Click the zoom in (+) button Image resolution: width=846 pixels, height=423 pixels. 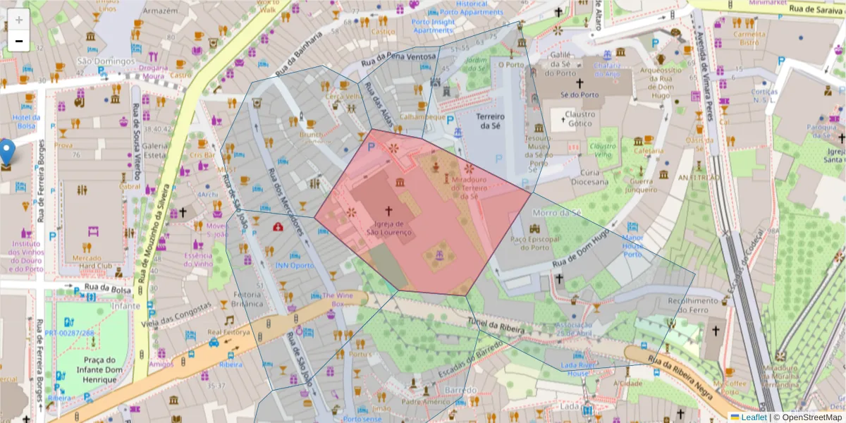[18, 20]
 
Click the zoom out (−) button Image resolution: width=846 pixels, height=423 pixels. [18, 41]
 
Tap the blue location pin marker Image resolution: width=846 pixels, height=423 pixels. [7, 152]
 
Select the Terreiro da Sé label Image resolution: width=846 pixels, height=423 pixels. [491, 121]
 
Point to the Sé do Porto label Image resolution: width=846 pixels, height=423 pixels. [579, 94]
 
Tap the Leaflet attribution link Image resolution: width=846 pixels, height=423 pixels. [753, 417]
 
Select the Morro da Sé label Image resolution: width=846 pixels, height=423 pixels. [556, 212]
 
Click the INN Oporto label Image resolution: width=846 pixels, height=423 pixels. [294, 266]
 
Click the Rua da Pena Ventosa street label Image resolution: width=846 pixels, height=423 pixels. [398, 59]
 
